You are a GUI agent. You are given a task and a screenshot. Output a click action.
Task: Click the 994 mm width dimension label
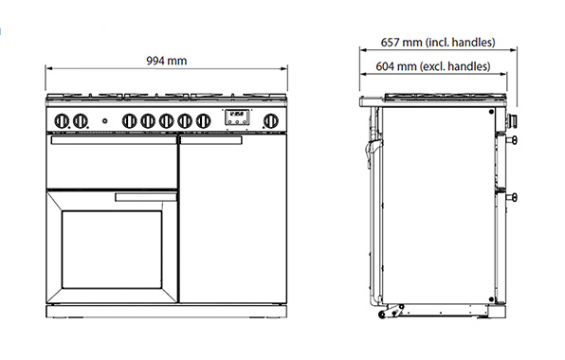coord(166,61)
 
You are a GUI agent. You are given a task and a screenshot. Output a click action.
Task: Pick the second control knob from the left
coord(82,120)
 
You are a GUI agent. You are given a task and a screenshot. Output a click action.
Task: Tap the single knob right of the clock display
coord(271,120)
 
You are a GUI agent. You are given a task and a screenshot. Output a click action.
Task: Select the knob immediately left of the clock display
coord(204,120)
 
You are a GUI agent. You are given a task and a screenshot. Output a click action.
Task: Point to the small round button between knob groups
coord(103,120)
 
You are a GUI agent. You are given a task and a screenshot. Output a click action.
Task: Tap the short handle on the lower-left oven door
coord(145,198)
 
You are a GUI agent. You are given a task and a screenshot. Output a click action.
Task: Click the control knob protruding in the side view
coord(514,120)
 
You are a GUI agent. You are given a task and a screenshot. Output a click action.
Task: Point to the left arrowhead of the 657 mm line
coord(361,53)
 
